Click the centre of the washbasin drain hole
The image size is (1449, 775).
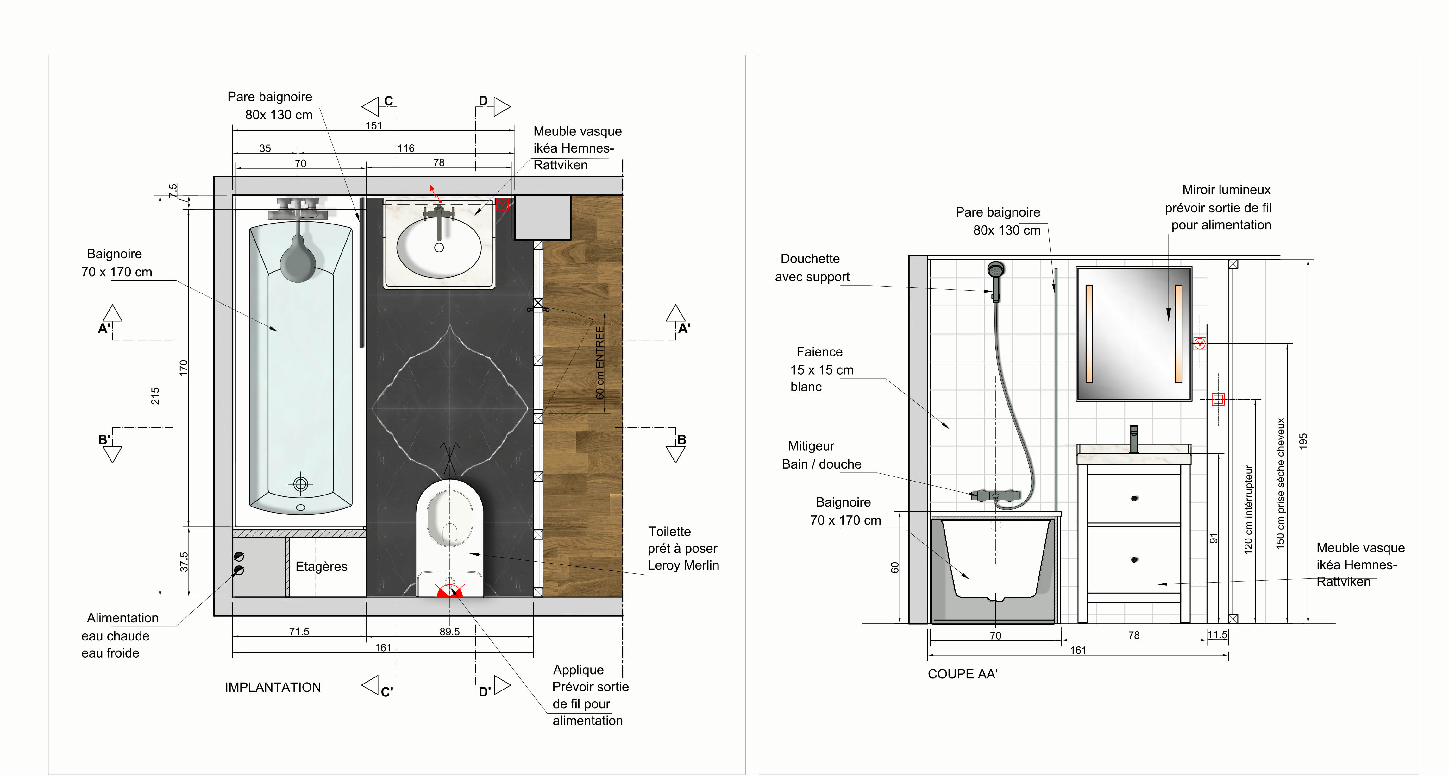coord(439,248)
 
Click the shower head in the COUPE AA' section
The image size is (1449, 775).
coord(996,270)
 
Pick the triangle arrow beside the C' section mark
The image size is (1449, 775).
coord(370,685)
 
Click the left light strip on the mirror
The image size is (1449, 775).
coord(1089,334)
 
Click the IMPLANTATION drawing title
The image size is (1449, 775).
coord(273,687)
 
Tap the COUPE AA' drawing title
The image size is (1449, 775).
coord(963,674)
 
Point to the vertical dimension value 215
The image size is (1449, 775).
coord(155,396)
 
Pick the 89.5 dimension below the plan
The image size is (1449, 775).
coord(449,632)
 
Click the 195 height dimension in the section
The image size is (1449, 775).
coord(1303,441)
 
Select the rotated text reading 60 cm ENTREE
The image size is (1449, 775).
coord(599,363)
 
